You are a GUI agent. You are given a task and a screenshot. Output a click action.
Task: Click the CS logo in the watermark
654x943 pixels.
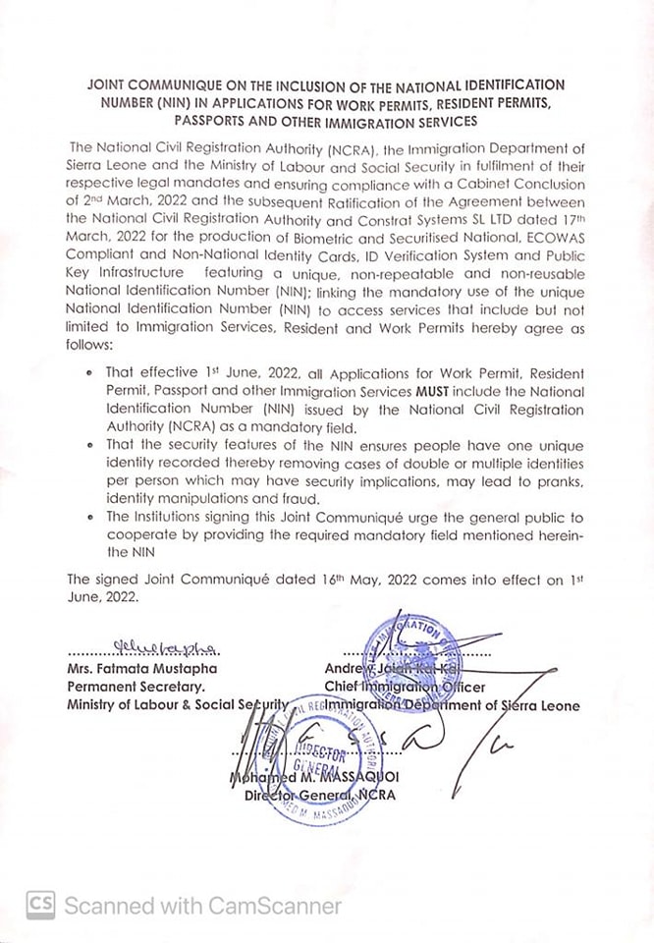coord(39,904)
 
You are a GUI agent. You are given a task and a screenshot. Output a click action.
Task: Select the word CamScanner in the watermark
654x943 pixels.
coord(288,905)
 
